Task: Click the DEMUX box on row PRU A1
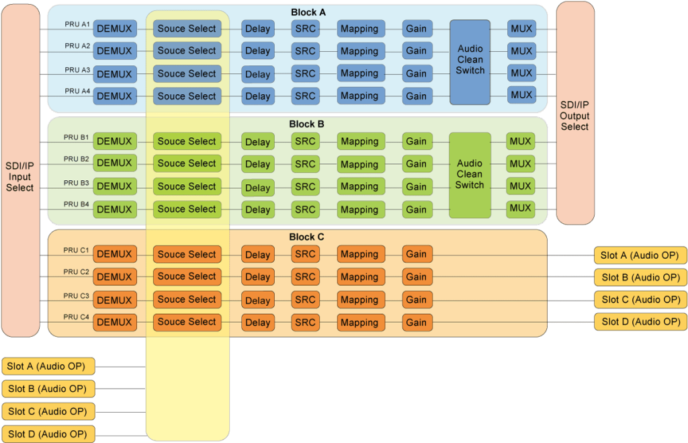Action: tap(115, 28)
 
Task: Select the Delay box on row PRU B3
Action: tap(257, 187)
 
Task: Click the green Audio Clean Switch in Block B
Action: tap(470, 174)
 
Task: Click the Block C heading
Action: tap(306, 237)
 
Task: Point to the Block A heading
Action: tap(308, 12)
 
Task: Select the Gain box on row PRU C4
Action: tap(417, 322)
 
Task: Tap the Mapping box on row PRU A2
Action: tap(360, 51)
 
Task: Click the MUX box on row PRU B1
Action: tap(521, 141)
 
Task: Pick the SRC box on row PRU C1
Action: tap(305, 254)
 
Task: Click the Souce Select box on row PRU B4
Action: tap(187, 209)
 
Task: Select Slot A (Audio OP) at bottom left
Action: tap(48, 366)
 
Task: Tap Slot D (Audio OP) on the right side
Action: tap(641, 322)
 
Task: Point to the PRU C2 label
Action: tap(76, 272)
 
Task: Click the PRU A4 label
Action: tap(77, 91)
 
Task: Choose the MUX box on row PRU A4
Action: tap(521, 95)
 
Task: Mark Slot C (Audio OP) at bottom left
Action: tap(48, 411)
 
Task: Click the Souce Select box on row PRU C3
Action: tap(187, 300)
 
